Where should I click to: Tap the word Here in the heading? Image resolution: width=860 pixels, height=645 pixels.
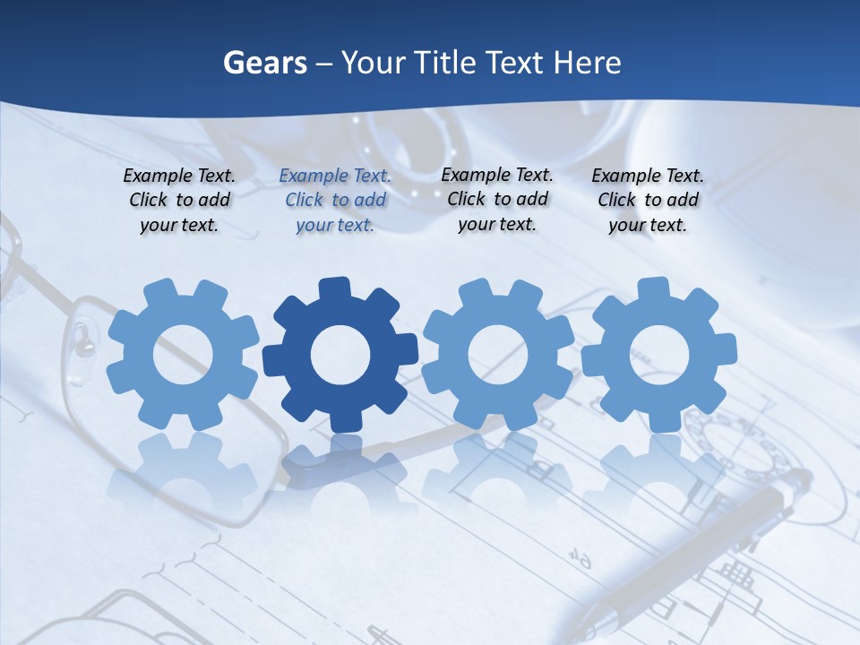[587, 63]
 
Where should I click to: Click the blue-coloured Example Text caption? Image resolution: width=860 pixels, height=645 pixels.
[335, 201]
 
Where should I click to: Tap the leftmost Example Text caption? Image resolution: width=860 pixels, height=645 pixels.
[179, 201]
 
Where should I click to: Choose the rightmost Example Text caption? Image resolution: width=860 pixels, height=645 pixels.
[648, 201]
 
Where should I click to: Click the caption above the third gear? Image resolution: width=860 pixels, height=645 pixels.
[497, 200]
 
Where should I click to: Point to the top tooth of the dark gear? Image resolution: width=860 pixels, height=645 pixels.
[334, 288]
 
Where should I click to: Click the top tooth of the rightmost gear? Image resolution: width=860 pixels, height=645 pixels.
[653, 288]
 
